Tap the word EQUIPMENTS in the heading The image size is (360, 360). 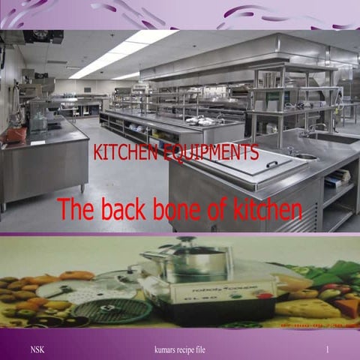(212, 154)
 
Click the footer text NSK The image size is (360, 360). (37, 350)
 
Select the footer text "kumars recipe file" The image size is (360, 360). (179, 350)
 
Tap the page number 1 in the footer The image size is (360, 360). (328, 350)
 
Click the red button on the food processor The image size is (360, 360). (263, 295)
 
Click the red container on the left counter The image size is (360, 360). (13, 135)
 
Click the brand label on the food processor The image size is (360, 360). (217, 286)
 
